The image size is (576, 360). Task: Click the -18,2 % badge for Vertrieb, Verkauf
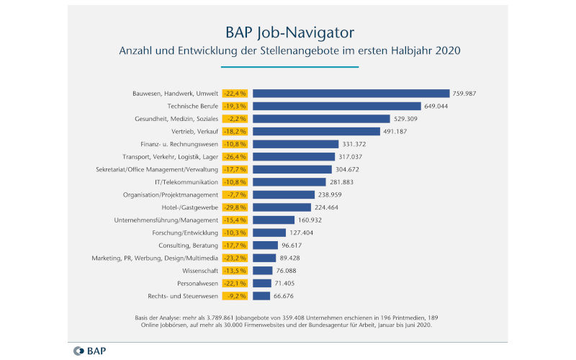pos(235,131)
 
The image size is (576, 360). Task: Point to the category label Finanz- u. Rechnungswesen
pos(180,144)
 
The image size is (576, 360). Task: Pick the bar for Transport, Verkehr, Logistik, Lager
pos(294,156)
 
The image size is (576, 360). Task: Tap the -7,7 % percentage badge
pos(235,194)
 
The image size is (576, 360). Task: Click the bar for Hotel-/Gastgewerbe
pos(282,207)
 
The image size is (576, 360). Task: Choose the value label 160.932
pos(314,220)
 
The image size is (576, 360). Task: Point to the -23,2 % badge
pos(235,258)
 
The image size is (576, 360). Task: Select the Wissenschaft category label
pos(199,271)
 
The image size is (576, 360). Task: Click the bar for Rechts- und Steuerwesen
pos(261,296)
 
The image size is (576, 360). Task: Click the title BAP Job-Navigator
pos(287,32)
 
